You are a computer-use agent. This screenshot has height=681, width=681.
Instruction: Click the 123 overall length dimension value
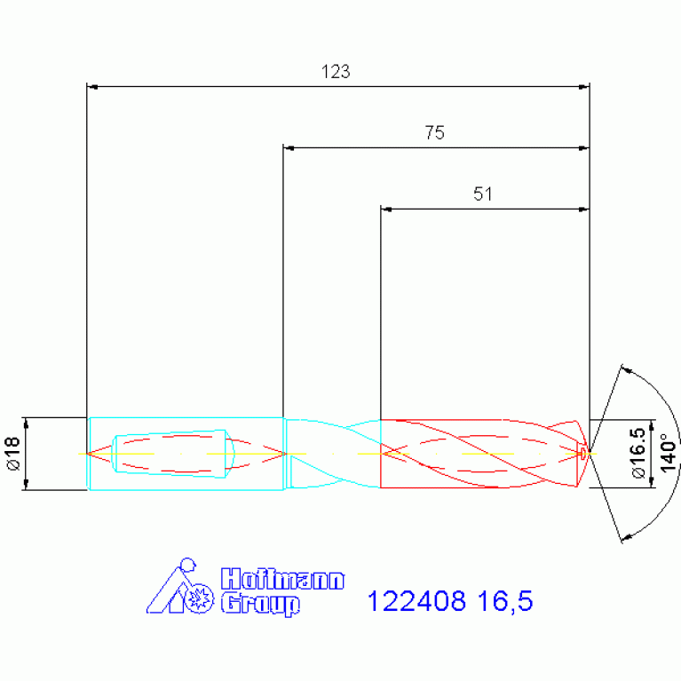tap(336, 72)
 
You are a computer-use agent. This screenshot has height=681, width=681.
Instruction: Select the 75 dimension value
tap(435, 133)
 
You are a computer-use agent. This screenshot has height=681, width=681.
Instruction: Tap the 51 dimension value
tap(482, 194)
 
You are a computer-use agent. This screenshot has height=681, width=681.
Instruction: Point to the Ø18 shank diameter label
tap(13, 454)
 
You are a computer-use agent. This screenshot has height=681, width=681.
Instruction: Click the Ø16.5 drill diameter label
tap(638, 453)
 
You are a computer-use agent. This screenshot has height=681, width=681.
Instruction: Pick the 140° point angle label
tap(668, 453)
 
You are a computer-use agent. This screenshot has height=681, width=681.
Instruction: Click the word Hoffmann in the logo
tap(282, 579)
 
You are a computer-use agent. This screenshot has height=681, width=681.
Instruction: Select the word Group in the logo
tap(260, 604)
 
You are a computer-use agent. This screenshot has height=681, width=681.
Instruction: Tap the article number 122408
tap(416, 601)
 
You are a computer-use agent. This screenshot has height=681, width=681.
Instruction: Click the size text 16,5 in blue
tap(504, 601)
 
